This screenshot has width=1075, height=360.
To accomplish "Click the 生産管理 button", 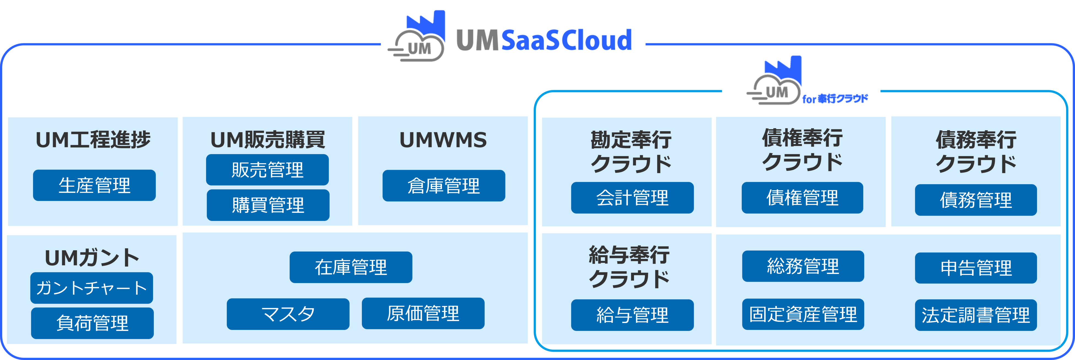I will point(94,185).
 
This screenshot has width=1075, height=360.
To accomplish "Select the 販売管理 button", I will point(267,170).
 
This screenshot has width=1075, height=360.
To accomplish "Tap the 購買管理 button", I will point(268,205).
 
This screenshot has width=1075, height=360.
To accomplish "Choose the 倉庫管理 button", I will point(444,186).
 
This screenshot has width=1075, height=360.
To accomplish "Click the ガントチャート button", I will point(92,288).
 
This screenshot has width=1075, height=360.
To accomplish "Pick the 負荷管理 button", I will point(92,323).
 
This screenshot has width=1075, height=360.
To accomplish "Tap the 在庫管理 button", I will point(351,267).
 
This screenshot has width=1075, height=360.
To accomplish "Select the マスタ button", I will point(288,314).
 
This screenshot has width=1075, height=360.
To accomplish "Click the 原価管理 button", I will point(423,313).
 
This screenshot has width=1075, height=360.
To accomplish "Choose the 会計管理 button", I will point(632,198).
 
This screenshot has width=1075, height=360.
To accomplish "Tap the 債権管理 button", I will point(802,198).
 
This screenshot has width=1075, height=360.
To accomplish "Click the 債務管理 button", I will point(976,200).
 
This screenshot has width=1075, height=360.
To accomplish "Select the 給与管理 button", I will point(632,315).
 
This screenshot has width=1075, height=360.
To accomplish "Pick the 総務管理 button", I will point(803,266).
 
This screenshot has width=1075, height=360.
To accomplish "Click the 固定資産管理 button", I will point(803,314).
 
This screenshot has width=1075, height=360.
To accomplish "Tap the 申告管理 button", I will point(976,268).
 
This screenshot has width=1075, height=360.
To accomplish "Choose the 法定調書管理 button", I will point(976,315).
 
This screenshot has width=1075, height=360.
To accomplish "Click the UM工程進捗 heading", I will point(93,140).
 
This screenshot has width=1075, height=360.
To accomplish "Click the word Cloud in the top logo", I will point(597,41).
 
